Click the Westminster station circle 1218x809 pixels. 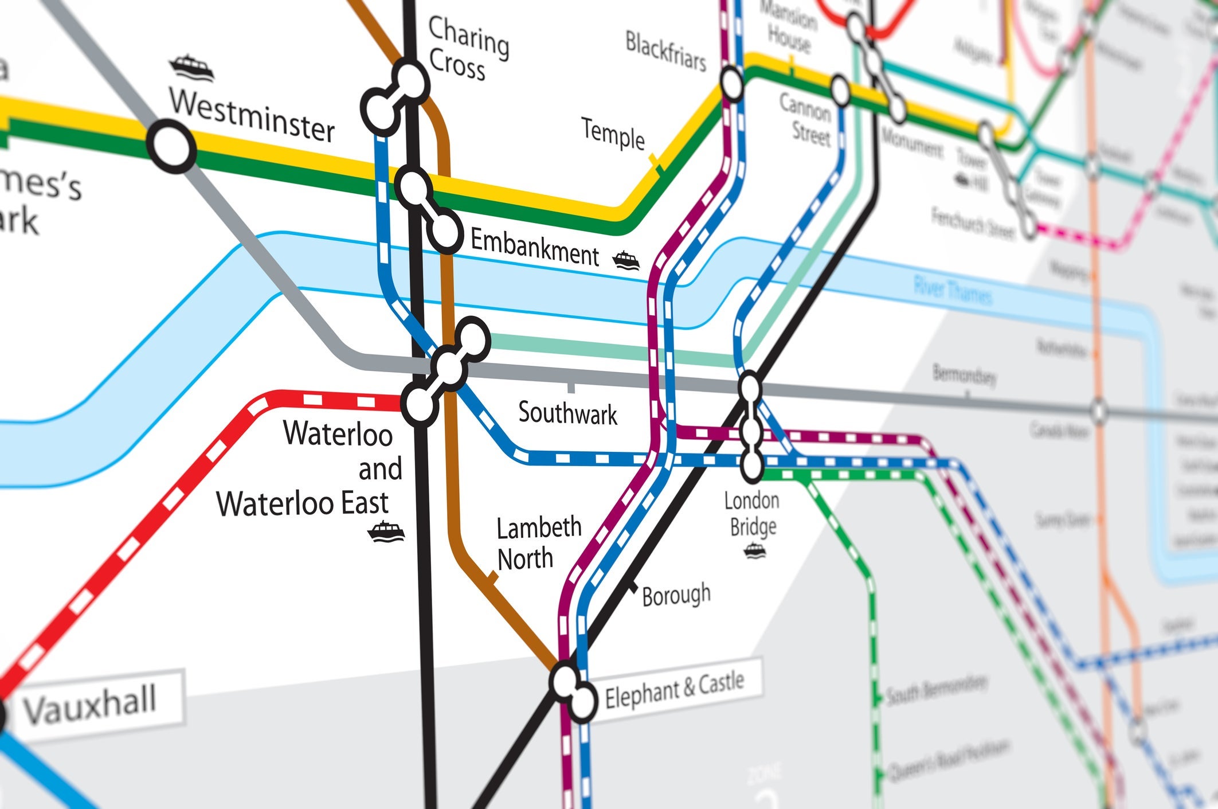pos(171,147)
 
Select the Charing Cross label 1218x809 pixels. pos(467,49)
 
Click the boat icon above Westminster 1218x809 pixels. pos(191,68)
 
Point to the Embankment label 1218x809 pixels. pos(534,248)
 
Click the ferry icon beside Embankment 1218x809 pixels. pos(626,261)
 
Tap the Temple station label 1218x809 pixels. pos(613,134)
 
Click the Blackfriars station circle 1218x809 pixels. pos(732,84)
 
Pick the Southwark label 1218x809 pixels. pos(567,413)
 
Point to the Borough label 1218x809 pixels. pos(676,595)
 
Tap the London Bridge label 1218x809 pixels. pos(751,514)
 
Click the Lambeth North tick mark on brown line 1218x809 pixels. pos(492,577)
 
